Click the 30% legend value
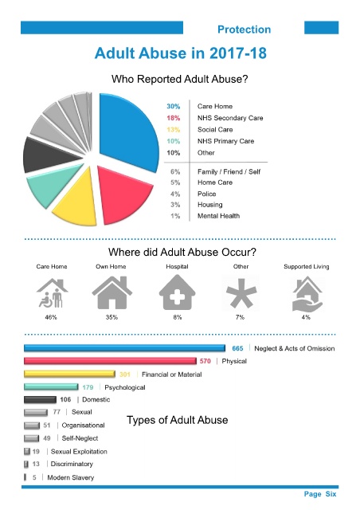pos(174,106)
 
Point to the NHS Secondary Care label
pos(230,118)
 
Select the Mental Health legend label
pos(218,216)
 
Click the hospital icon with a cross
pos(178,292)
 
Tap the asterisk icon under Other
pos(241,293)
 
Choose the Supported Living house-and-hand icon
pos(307,294)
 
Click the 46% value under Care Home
pos(51,317)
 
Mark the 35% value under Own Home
pos(112,317)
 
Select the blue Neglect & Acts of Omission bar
pos(124,348)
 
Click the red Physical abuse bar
pos(110,361)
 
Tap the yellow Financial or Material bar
pos(69,374)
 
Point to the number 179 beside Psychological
pos(88,387)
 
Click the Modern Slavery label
pos(71,477)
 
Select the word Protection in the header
pos(245,29)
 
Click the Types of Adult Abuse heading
pos(178,420)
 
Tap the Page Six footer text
pos(320,494)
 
